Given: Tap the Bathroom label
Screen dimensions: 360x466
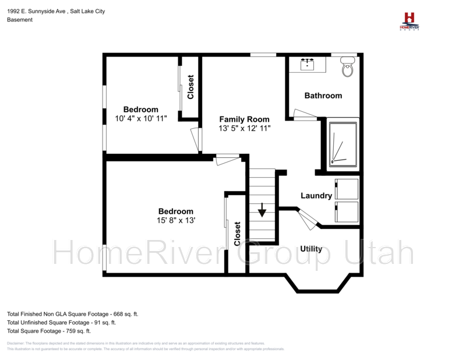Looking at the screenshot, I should pyautogui.click(x=323, y=96).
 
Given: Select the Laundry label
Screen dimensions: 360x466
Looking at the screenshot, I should pyautogui.click(x=316, y=196).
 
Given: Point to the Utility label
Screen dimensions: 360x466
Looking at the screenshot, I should pyautogui.click(x=311, y=249).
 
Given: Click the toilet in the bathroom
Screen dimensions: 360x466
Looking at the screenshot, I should pyautogui.click(x=348, y=67).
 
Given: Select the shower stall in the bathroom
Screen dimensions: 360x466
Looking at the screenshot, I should pyautogui.click(x=343, y=143).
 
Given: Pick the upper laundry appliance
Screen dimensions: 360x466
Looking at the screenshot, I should pyautogui.click(x=346, y=189).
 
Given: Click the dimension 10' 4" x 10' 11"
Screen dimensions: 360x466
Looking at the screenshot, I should pyautogui.click(x=141, y=118).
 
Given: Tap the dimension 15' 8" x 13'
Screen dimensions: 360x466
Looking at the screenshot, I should pyautogui.click(x=175, y=220).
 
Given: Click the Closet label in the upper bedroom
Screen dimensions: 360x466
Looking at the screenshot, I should pyautogui.click(x=190, y=87).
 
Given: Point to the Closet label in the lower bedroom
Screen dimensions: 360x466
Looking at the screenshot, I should pyautogui.click(x=238, y=234).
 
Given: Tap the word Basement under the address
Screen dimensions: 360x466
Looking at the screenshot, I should pyautogui.click(x=19, y=19).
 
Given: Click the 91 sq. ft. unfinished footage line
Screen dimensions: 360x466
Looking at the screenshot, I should pyautogui.click(x=61, y=322).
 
